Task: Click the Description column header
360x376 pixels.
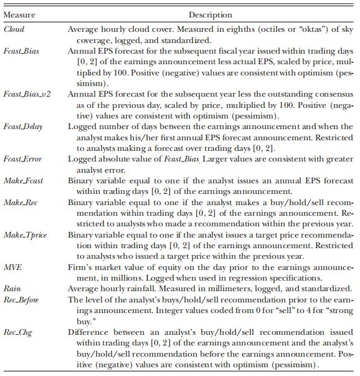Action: [x=211, y=13]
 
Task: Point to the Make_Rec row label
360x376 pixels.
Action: [x=22, y=203]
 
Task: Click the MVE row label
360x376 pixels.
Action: [x=13, y=267]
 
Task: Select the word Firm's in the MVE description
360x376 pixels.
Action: [x=79, y=267]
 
